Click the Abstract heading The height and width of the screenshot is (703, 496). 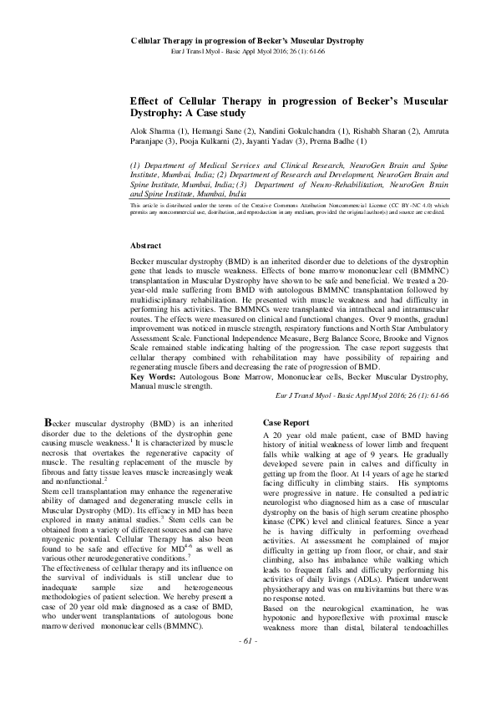pyautogui.click(x=148, y=246)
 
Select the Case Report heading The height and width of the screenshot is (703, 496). pyautogui.click(x=286, y=423)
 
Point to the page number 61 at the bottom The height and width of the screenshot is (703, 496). pyautogui.click(x=248, y=687)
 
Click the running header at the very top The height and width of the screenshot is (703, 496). pyautogui.click(x=248, y=40)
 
